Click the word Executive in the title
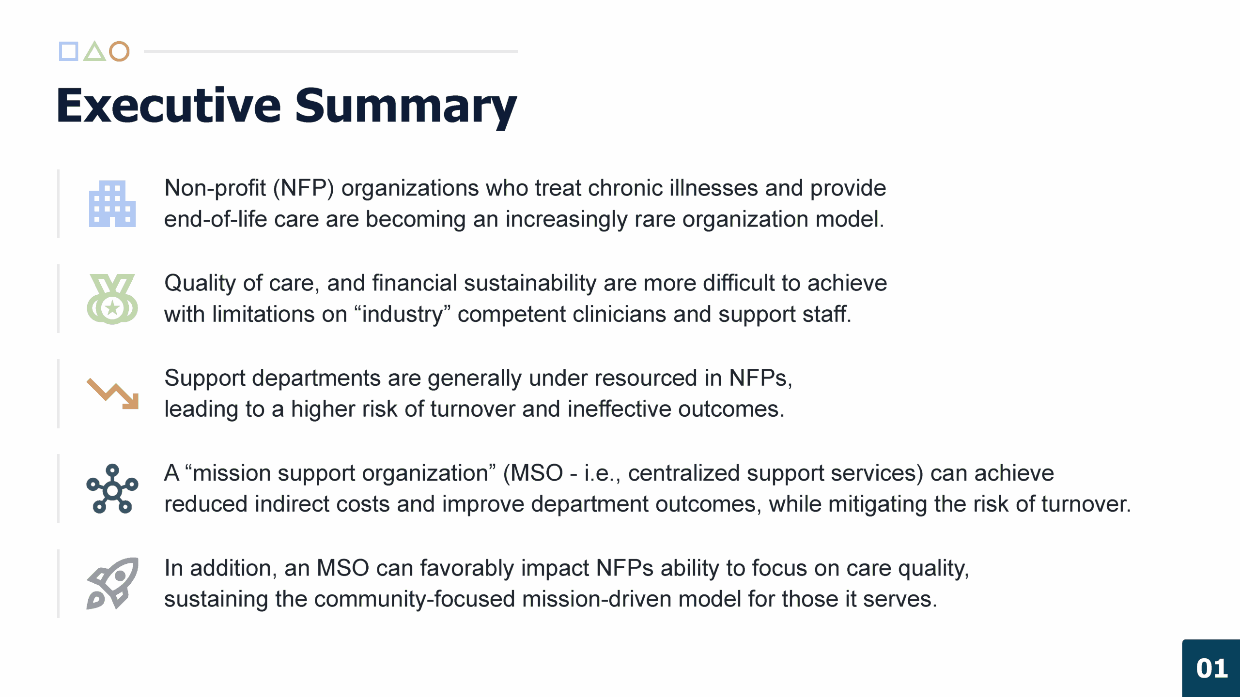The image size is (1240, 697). tap(169, 106)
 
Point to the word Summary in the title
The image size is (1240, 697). tap(406, 108)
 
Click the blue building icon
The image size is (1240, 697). tap(112, 204)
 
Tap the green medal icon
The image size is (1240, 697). tap(112, 299)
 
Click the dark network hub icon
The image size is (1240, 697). tap(112, 488)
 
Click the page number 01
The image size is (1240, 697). tap(1212, 668)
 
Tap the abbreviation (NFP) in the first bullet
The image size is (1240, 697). tap(304, 188)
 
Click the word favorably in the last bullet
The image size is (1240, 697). tap(467, 568)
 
